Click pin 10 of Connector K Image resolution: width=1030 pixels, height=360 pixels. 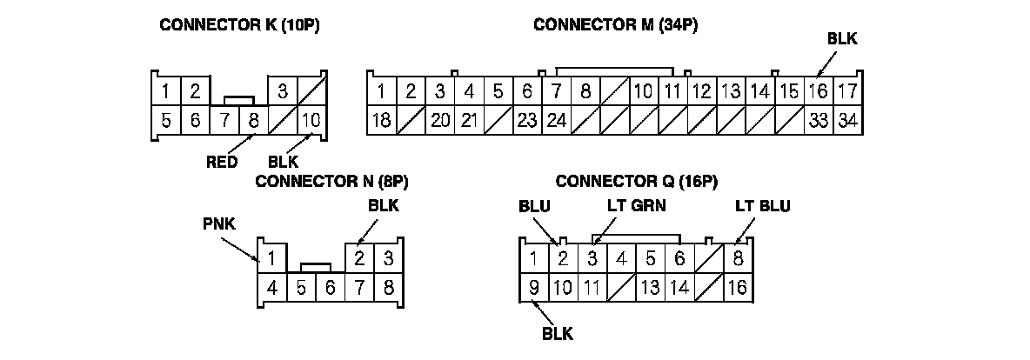pyautogui.click(x=311, y=120)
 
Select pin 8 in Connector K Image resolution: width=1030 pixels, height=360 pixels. pyautogui.click(x=253, y=120)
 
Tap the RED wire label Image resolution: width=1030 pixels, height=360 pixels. pyautogui.click(x=222, y=161)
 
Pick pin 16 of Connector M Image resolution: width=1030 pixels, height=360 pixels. pyautogui.click(x=817, y=91)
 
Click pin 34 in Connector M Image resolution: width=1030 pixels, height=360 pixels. pyautogui.click(x=846, y=120)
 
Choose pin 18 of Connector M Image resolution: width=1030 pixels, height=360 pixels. pyautogui.click(x=381, y=120)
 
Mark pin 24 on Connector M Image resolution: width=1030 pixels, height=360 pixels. pyautogui.click(x=556, y=120)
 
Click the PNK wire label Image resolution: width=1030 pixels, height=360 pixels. pyautogui.click(x=217, y=224)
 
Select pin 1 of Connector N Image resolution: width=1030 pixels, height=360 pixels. pyautogui.click(x=272, y=258)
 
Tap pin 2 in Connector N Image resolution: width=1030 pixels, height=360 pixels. pyautogui.click(x=359, y=258)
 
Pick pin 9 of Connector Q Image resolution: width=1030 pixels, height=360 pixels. pyautogui.click(x=533, y=287)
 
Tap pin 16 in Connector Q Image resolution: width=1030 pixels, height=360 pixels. pyautogui.click(x=737, y=287)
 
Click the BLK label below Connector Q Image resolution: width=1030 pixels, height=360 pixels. pyautogui.click(x=558, y=332)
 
